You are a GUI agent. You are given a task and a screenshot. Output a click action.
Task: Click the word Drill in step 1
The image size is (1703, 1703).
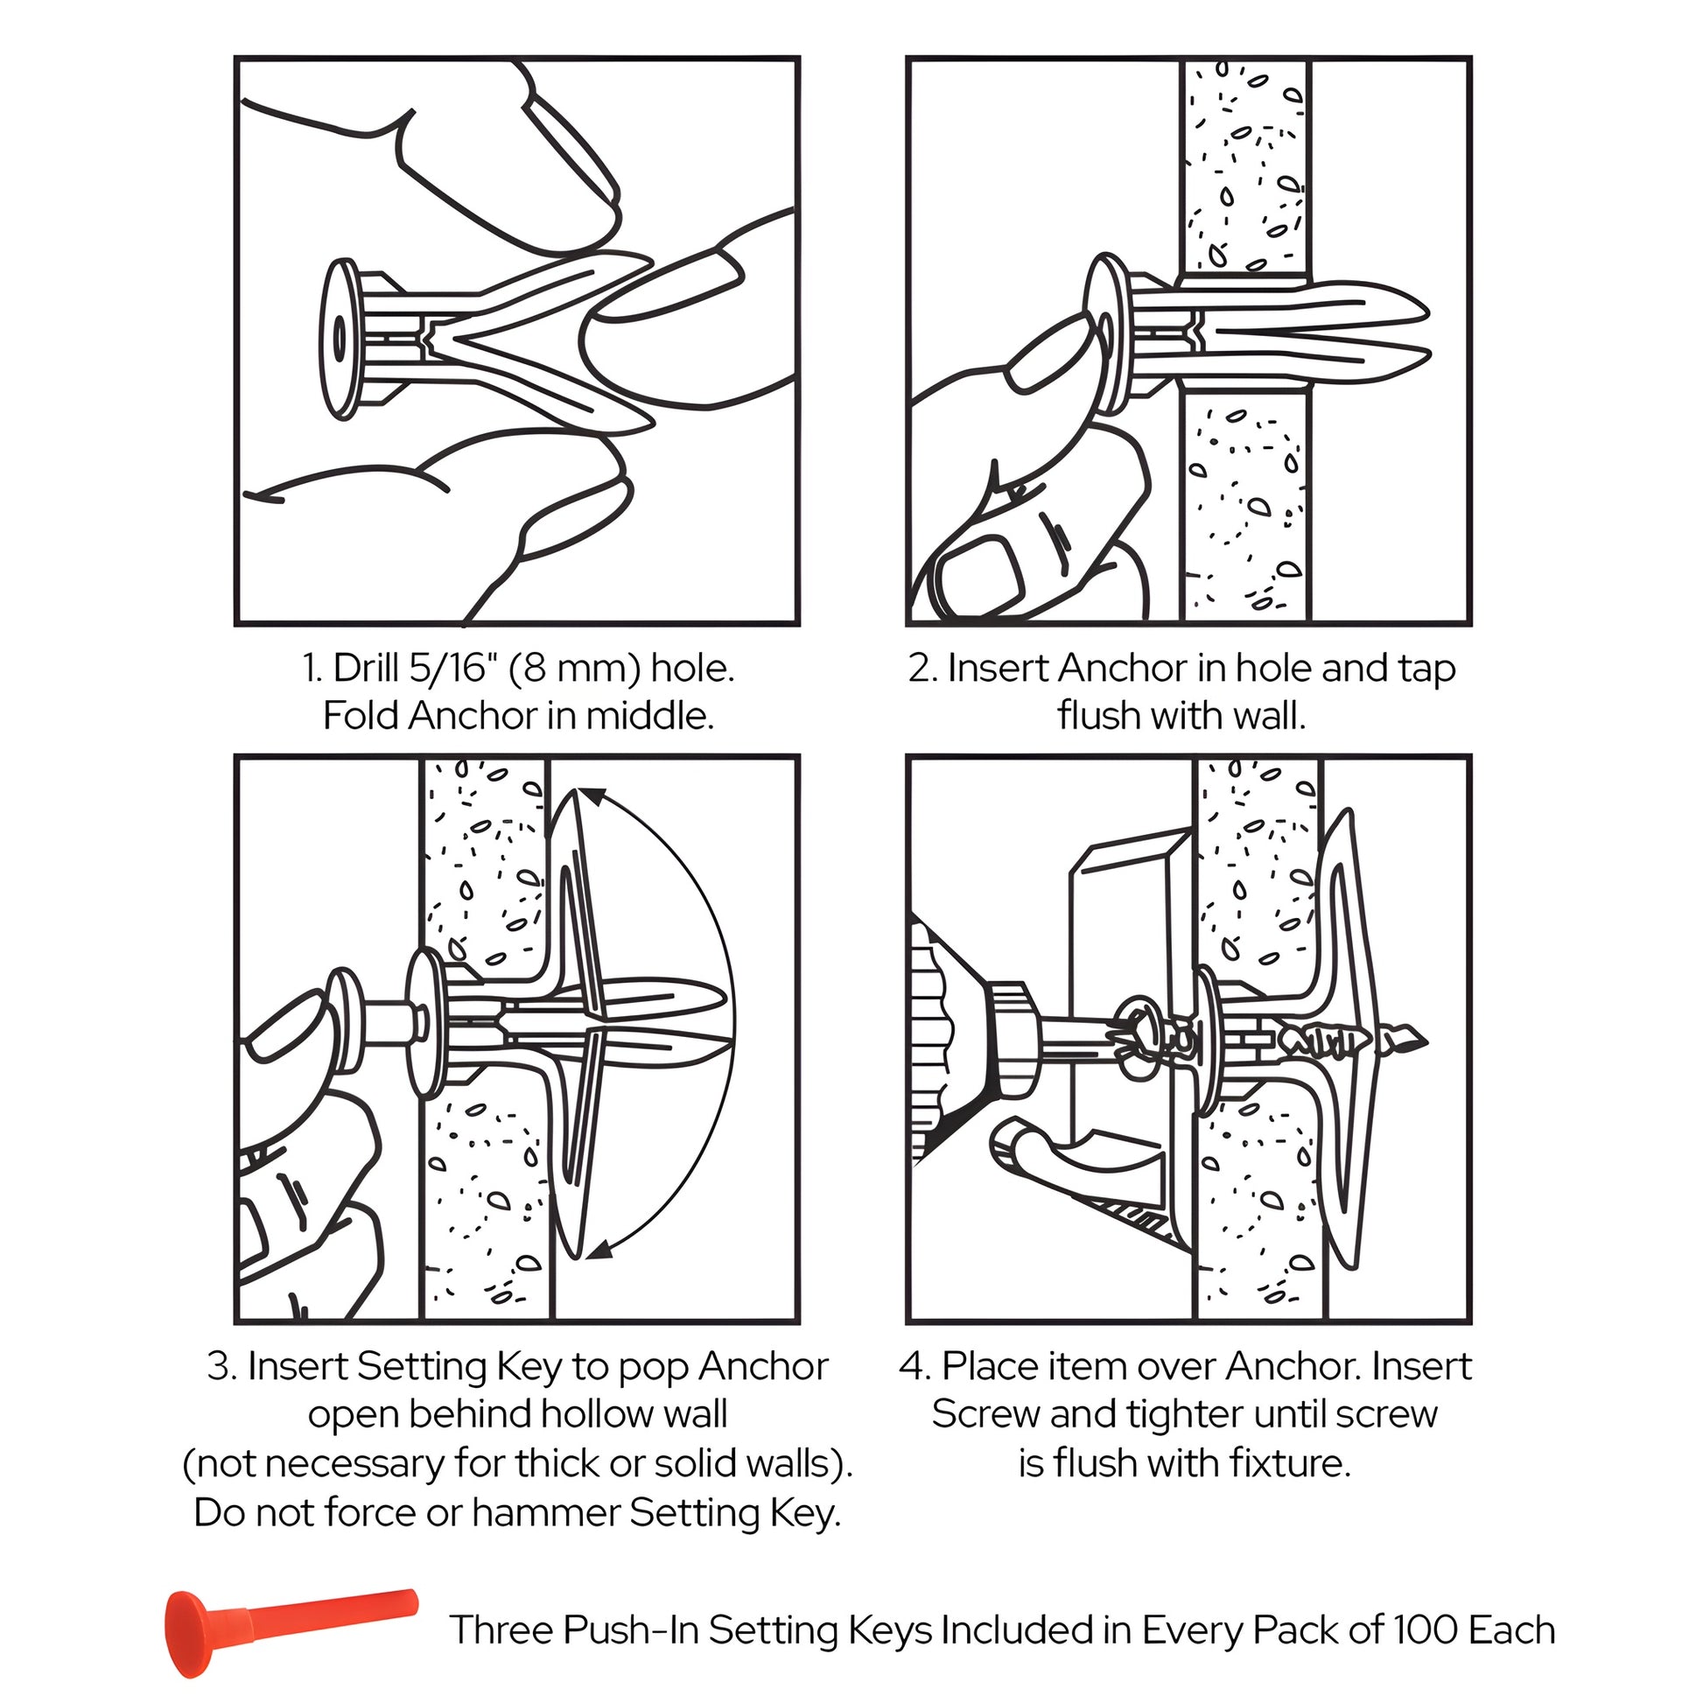pyautogui.click(x=367, y=669)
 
